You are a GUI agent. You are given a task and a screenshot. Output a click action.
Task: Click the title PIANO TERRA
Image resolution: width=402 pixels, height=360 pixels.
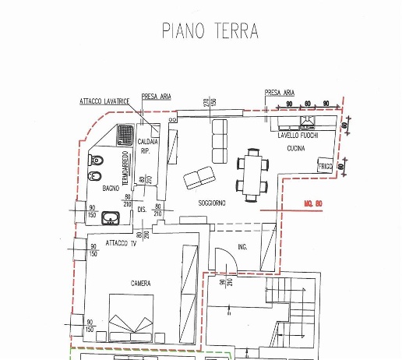[x=210, y=30]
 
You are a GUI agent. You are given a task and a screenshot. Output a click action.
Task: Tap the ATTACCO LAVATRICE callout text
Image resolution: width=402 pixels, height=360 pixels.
[x=105, y=101]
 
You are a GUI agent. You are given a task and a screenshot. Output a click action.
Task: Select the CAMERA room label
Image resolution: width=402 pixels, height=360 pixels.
[x=140, y=283]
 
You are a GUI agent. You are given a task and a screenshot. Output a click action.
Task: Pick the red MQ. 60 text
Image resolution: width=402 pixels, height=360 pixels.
[x=313, y=204]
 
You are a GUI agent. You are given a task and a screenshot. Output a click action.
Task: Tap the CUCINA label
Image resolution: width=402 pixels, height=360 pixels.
[x=295, y=147]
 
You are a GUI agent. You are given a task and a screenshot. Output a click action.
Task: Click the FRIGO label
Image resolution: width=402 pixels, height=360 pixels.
[x=326, y=167]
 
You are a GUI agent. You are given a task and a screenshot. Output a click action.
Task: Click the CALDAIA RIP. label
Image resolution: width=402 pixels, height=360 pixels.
[x=148, y=146]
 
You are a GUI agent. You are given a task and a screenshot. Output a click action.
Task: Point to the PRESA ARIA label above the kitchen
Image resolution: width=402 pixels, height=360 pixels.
[x=278, y=92]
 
